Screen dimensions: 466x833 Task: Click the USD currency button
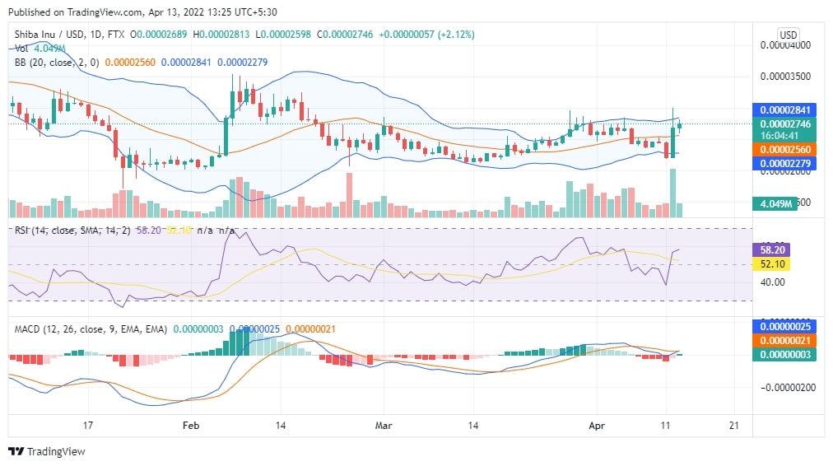point(788,35)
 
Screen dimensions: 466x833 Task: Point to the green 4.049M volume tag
point(775,203)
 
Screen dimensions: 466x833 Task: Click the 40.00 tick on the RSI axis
point(772,282)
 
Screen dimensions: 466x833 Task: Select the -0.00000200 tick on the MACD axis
point(785,387)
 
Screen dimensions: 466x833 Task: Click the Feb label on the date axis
point(191,425)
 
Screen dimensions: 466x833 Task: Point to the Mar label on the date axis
point(384,425)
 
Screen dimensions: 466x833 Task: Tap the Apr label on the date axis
point(598,425)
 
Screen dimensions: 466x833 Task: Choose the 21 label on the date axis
point(735,425)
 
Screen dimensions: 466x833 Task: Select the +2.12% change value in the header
point(451,35)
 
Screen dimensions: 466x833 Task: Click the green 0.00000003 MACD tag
point(784,354)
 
